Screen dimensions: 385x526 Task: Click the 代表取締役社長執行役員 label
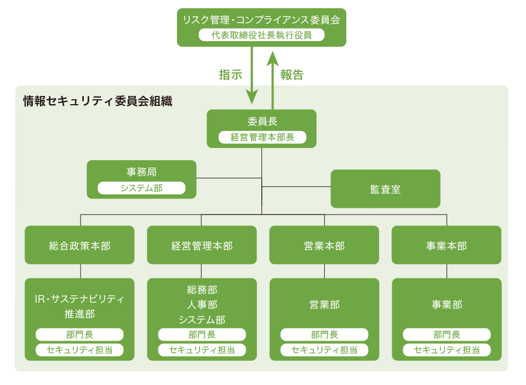261,35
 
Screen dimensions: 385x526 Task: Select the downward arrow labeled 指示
251,77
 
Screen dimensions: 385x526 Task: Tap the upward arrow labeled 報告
272,77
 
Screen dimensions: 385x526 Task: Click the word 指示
230,75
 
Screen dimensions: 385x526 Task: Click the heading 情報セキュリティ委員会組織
98,101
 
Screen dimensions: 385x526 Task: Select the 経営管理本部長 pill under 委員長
262,137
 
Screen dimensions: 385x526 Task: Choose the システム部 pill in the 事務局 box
141,188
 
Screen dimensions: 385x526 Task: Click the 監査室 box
385,189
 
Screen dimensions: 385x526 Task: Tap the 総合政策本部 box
79,245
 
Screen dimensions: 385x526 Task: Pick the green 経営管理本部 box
202,245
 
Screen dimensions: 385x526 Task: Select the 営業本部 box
324,245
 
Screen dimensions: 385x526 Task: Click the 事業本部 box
447,245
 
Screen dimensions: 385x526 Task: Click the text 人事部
202,304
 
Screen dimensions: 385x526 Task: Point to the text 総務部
202,290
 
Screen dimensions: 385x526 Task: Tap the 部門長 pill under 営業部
324,335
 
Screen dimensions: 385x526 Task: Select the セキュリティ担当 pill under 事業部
447,350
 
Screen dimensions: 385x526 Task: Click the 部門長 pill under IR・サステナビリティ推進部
79,335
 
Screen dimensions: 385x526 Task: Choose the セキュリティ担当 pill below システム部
202,350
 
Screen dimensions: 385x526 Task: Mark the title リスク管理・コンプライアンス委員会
261,20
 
